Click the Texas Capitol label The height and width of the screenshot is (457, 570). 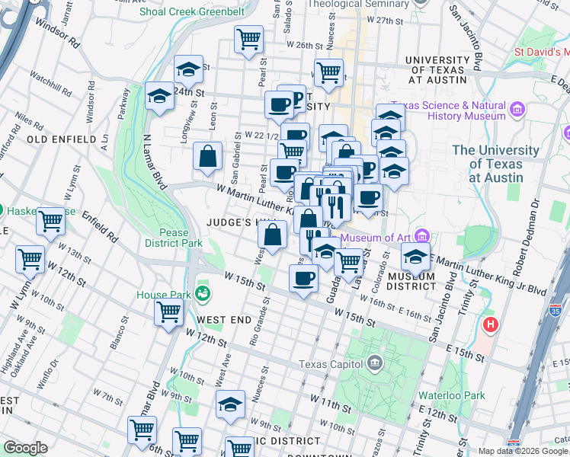[331, 363]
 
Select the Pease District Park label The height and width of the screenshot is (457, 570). [174, 237]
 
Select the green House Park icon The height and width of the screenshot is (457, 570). [202, 292]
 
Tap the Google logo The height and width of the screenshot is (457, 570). [25, 448]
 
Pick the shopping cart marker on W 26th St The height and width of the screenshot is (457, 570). [248, 38]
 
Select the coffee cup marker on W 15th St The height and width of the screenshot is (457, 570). [303, 278]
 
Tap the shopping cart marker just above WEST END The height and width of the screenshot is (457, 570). [168, 311]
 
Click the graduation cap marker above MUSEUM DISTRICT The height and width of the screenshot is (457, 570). [415, 255]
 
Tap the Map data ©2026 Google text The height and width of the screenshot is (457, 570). [523, 451]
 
